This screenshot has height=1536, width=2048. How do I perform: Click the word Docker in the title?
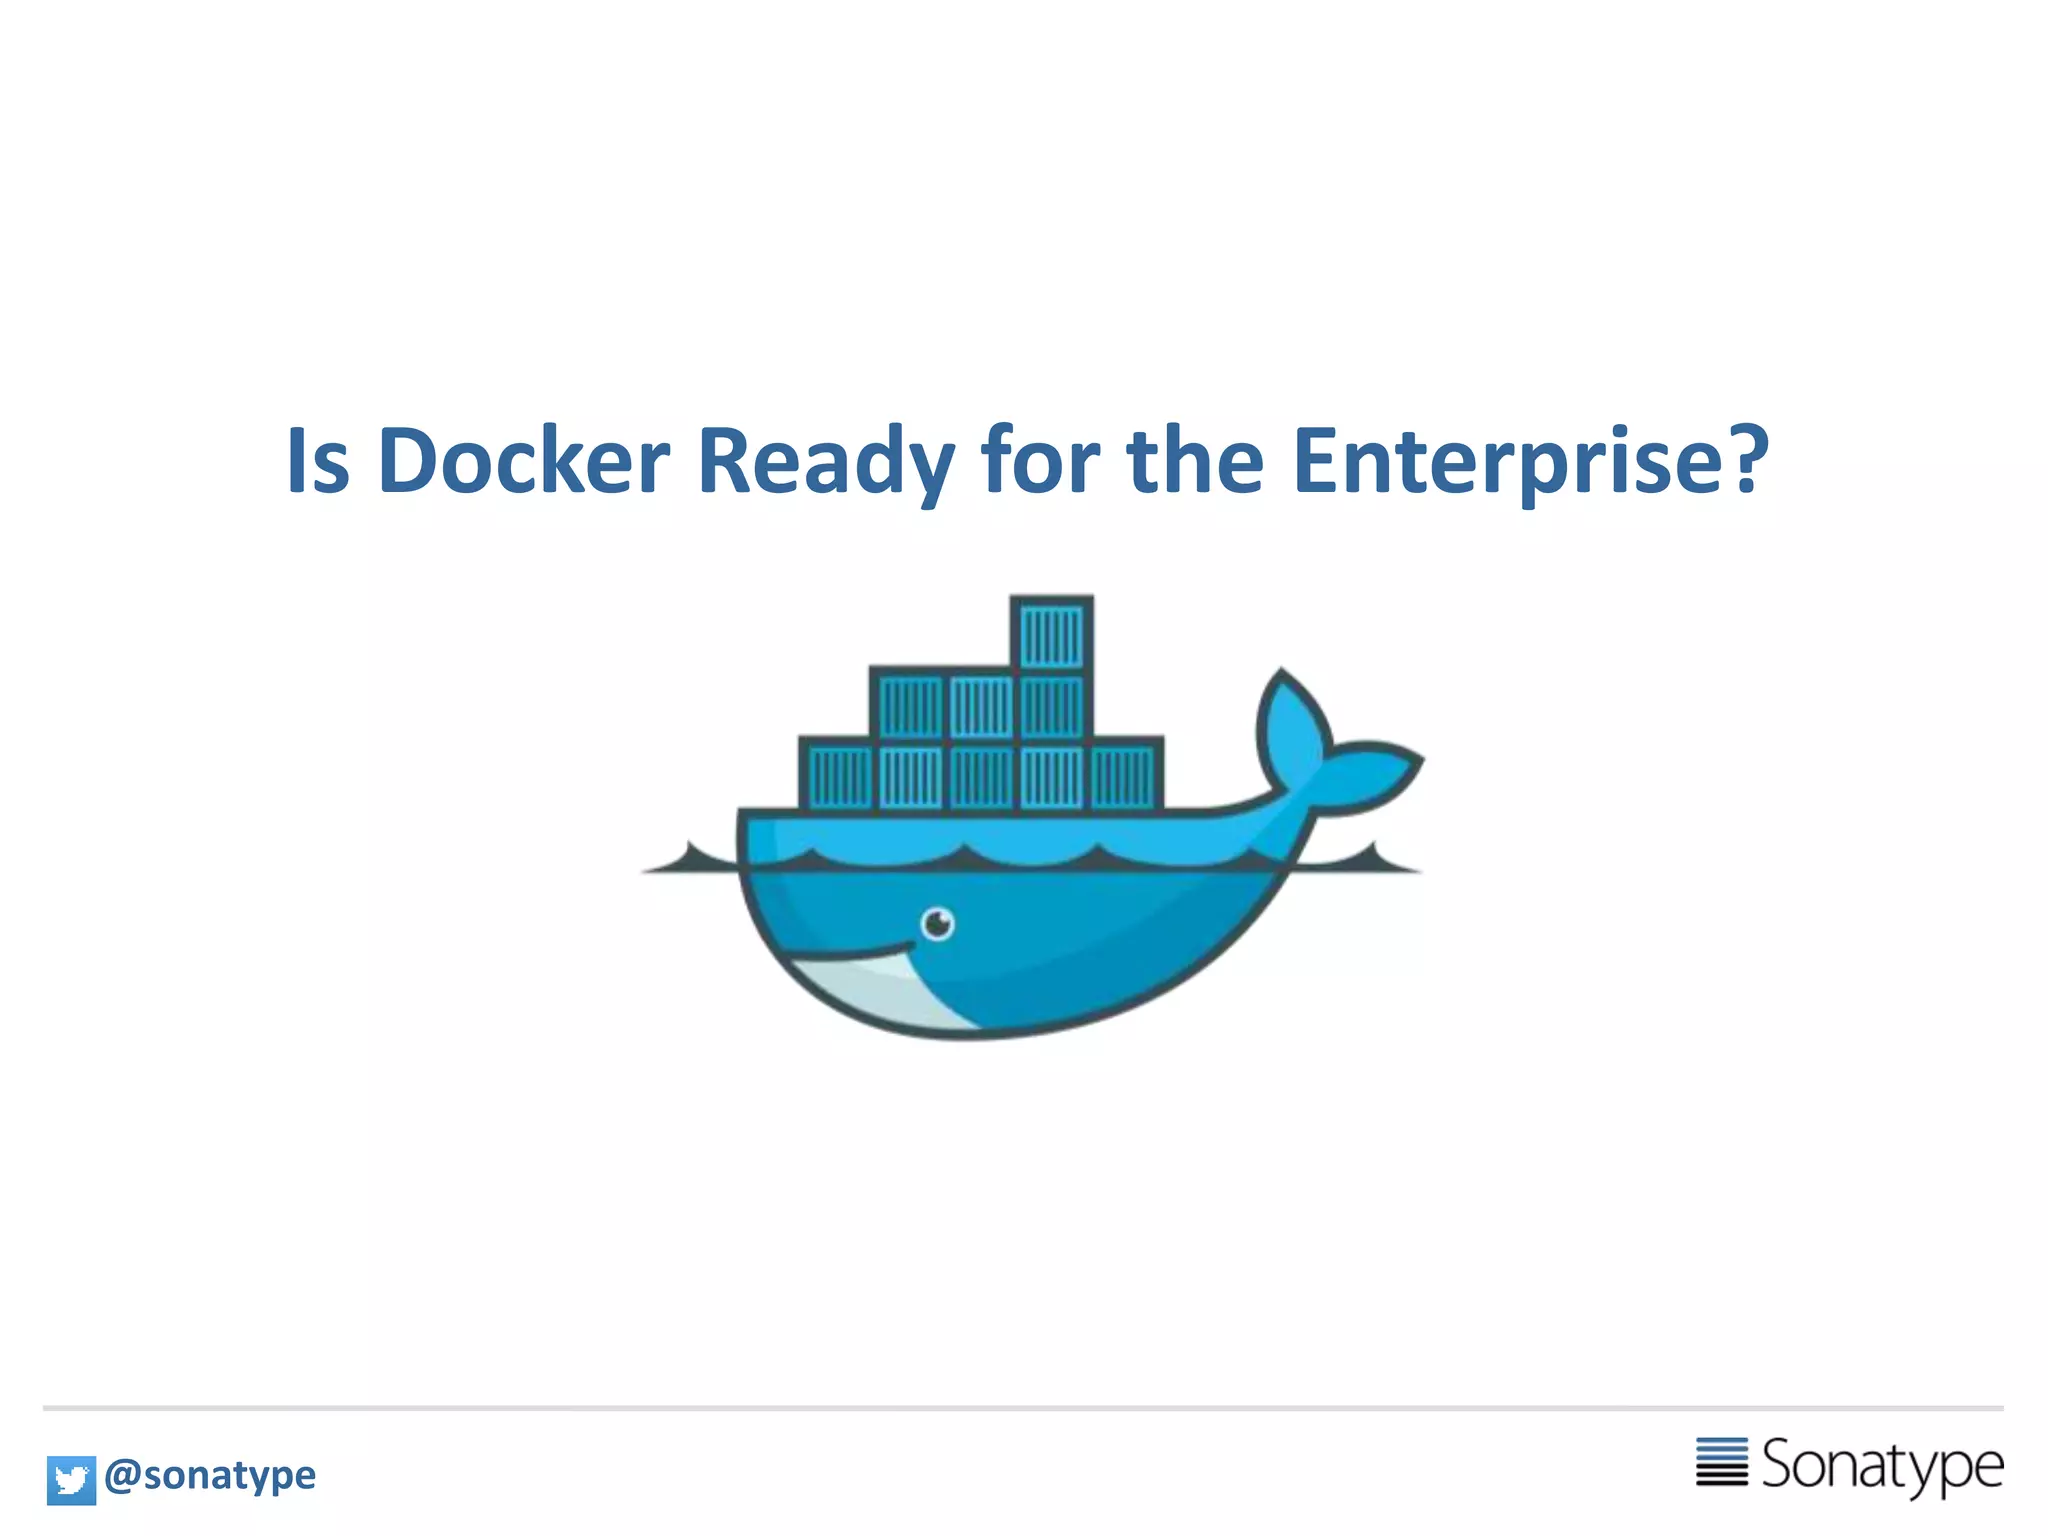523,461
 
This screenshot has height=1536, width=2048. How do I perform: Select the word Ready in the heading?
825,461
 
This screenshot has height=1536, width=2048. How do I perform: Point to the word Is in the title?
317,461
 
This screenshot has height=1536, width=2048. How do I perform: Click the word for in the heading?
1040,461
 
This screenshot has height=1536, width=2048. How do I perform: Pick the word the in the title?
1195,461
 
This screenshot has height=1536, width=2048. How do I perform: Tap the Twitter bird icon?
71,1480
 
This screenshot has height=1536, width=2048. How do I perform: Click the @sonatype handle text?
210,1475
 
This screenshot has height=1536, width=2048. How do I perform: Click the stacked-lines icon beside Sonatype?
1722,1462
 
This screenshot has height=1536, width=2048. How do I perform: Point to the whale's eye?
937,923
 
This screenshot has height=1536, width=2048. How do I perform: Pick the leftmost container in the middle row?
910,706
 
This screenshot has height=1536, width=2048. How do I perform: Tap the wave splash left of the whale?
690,861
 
